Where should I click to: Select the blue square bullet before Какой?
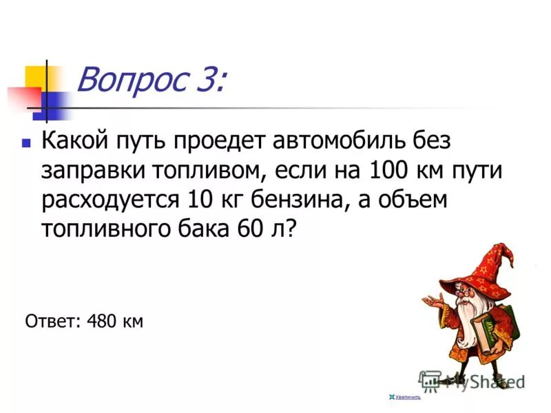[26, 145]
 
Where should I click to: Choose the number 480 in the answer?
[103, 321]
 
